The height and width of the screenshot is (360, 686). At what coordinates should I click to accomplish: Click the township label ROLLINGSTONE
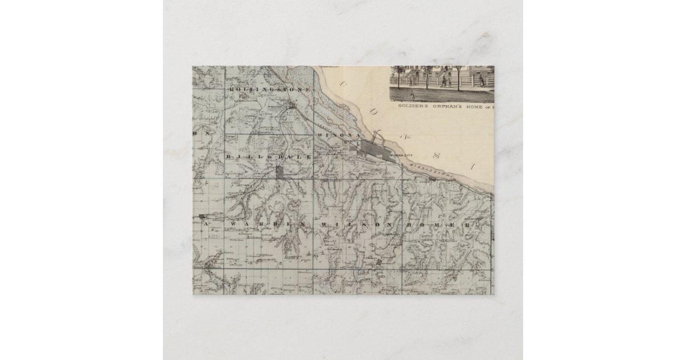coord(270,90)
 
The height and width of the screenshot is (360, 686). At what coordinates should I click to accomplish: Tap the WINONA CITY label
coord(398,154)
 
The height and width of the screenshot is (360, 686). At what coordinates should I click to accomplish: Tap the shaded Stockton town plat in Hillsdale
coord(279,172)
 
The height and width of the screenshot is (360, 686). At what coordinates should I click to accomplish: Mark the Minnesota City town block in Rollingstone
coord(292,106)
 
